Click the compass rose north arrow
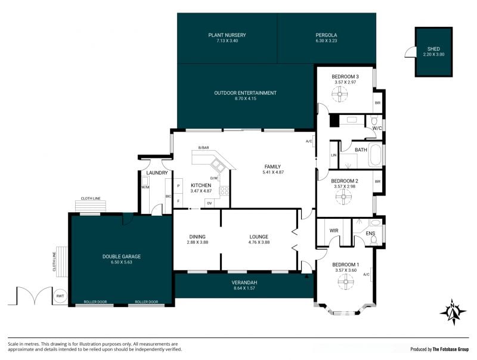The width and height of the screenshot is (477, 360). coord(453,312)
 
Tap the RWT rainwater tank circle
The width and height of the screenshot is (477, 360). coord(60,296)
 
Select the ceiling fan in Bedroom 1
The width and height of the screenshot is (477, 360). coord(346,281)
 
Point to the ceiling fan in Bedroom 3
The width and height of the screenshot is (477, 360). coord(339,94)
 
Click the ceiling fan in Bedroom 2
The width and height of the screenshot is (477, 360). coord(343,197)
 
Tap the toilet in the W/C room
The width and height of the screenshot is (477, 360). coord(374,121)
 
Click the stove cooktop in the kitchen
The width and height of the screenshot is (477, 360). coord(224,191)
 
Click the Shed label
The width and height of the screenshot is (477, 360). coord(433,49)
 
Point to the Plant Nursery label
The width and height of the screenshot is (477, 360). coord(227,35)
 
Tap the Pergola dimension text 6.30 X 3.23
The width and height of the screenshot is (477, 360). coord(326,41)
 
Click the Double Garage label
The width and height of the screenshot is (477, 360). coord(122,256)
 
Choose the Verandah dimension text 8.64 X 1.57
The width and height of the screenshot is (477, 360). coord(244,288)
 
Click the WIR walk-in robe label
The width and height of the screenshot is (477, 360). coord(334,231)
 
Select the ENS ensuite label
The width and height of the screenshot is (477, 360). coord(370,234)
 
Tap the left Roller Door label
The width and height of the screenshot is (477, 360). coord(95,302)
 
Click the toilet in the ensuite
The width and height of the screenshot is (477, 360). coord(374,240)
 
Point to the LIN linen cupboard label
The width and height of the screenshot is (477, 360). coord(334,155)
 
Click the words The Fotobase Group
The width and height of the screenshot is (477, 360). coord(451,349)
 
